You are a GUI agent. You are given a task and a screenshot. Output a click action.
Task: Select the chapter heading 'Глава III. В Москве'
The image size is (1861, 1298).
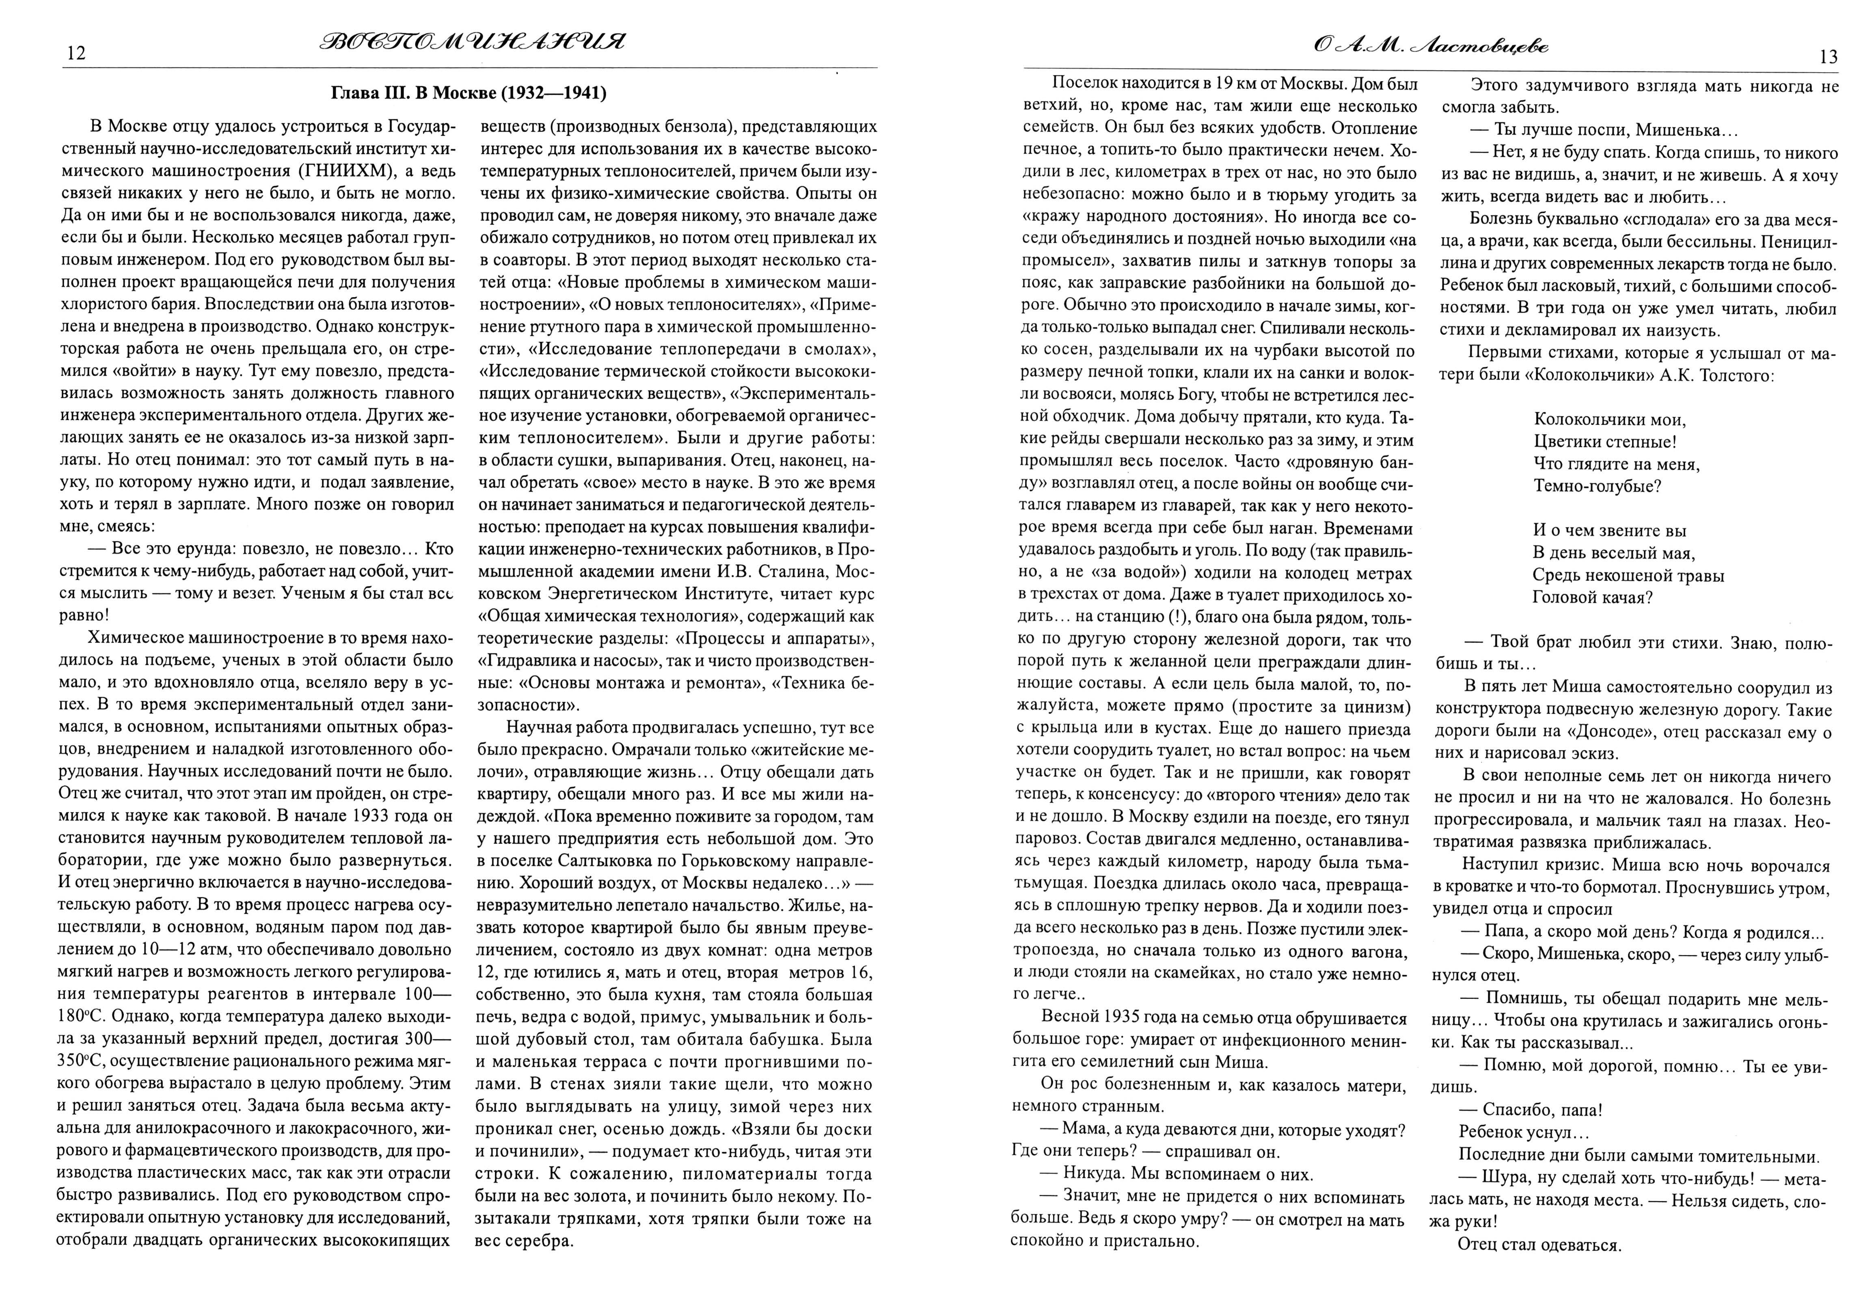pyautogui.click(x=468, y=93)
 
